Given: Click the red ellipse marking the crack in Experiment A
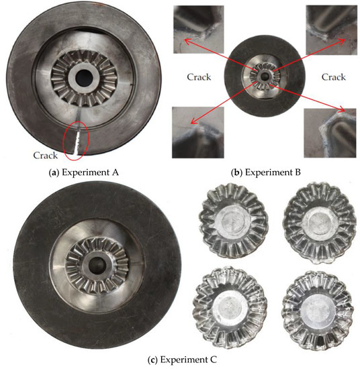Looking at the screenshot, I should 75,139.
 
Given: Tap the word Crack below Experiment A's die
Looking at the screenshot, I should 46,155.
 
